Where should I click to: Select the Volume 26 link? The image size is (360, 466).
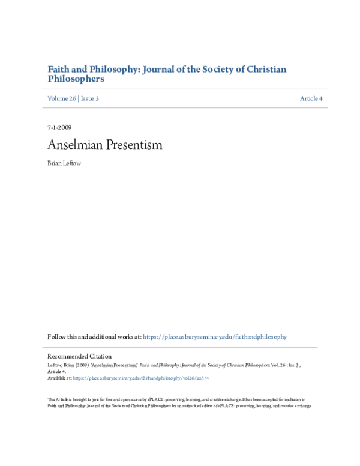point(61,98)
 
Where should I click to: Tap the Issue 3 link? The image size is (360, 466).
point(89,98)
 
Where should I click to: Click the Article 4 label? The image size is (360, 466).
point(311,98)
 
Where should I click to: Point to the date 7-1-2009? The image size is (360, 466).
point(59,129)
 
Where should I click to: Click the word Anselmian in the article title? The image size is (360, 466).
point(74,145)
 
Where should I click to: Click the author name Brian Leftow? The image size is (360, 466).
point(64,163)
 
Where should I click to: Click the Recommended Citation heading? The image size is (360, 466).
point(79,356)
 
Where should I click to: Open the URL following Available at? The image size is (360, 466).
point(140,378)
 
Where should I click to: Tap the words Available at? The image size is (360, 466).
point(59,378)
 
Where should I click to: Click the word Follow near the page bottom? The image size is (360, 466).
point(56,337)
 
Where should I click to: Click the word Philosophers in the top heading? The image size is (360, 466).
point(76,79)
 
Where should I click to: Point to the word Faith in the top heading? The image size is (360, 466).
point(58,69)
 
